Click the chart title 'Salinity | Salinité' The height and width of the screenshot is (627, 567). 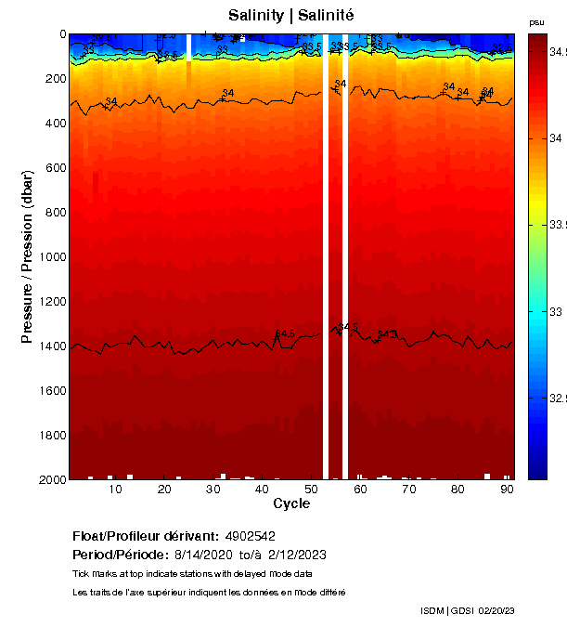pyautogui.click(x=290, y=16)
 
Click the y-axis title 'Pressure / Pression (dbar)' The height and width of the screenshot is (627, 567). pyautogui.click(x=29, y=256)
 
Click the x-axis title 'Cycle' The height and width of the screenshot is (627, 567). pyautogui.click(x=291, y=503)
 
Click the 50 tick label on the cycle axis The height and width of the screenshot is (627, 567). pyautogui.click(x=310, y=490)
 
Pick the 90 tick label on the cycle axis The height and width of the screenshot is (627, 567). pyautogui.click(x=506, y=490)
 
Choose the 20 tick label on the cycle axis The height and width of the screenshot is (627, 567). pyautogui.click(x=163, y=490)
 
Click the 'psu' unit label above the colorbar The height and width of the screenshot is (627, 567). pyautogui.click(x=536, y=22)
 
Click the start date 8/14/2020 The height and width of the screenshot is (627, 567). pyautogui.click(x=205, y=555)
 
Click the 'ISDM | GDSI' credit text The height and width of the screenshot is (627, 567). pyautogui.click(x=446, y=610)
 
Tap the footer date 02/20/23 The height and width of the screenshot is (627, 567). pyautogui.click(x=497, y=610)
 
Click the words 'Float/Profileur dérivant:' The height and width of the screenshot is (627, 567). pyautogui.click(x=145, y=537)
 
